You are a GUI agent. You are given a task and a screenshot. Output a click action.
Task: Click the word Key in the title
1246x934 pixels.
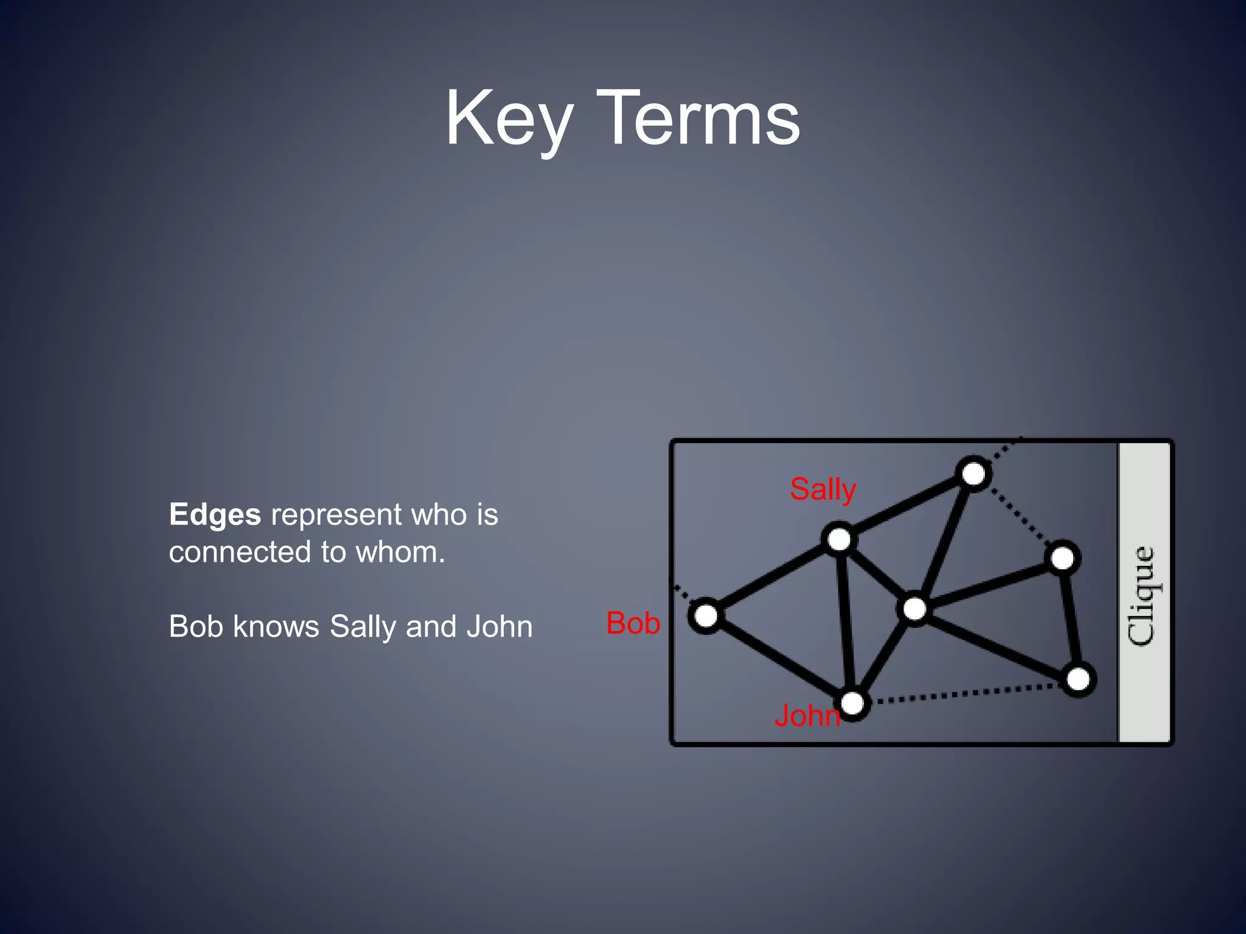coord(509,119)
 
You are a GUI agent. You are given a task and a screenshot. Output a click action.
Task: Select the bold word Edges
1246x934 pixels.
coord(215,514)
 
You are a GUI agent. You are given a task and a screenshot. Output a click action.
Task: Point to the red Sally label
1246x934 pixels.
coord(823,489)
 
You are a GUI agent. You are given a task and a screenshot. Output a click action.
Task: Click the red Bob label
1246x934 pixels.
coord(633,623)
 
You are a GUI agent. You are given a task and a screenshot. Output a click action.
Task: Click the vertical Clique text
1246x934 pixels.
coord(1142,596)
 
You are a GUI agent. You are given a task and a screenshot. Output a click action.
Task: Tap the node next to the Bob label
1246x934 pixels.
coord(706,615)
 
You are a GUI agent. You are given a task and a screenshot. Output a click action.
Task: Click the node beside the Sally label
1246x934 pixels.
coord(840,539)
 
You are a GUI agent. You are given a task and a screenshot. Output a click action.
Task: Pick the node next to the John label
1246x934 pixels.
coord(853,704)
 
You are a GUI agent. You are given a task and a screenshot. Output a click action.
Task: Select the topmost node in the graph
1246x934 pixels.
coord(973,474)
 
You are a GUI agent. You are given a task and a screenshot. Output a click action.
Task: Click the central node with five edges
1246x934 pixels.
coord(914,609)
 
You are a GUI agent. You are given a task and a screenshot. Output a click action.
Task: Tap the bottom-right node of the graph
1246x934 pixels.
coord(1078,679)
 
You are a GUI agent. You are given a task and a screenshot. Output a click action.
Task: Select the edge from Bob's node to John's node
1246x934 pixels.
coord(779,659)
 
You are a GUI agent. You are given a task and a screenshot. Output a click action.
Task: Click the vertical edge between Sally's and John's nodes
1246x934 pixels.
coord(846,620)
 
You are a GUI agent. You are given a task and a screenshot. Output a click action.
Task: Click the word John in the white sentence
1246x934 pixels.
coord(499,626)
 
